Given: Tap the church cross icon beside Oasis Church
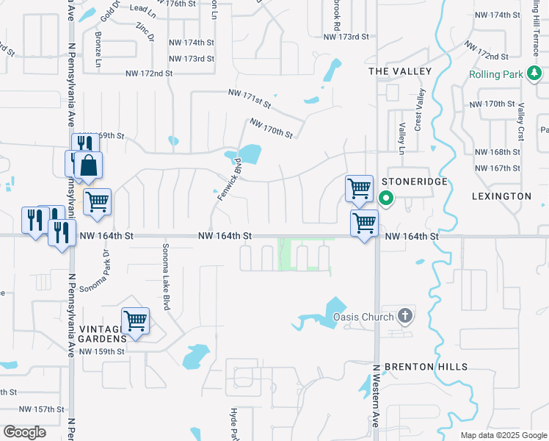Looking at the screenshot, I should click(x=404, y=317).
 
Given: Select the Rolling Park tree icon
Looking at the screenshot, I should click(x=536, y=74).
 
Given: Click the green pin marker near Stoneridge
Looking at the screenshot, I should click(x=386, y=198).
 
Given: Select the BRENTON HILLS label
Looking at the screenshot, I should click(x=426, y=367).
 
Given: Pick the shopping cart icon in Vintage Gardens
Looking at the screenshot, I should click(x=135, y=320).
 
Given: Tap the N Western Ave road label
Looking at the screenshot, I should click(x=374, y=397).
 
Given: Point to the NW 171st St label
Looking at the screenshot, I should click(x=251, y=93).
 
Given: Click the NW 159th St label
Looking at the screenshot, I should click(x=102, y=351).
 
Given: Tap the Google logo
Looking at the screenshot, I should click(x=25, y=432).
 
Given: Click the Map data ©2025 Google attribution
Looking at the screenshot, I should click(x=503, y=435).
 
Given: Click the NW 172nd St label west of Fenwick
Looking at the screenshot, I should click(x=148, y=73).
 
